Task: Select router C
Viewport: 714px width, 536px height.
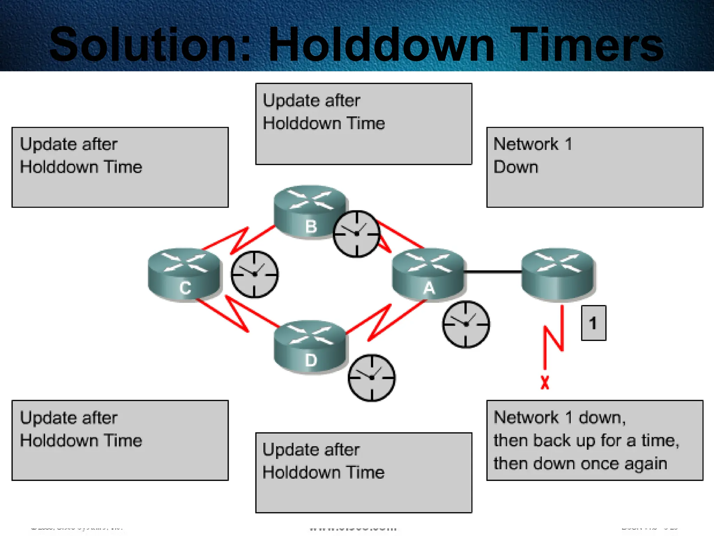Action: pyautogui.click(x=185, y=274)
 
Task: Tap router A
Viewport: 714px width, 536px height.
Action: pyautogui.click(x=428, y=274)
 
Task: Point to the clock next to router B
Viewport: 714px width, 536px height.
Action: pyautogui.click(x=356, y=234)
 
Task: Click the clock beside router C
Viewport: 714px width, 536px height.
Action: pyautogui.click(x=255, y=274)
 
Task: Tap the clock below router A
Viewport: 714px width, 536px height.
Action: pyautogui.click(x=466, y=324)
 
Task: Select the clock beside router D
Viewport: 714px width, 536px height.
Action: pyautogui.click(x=372, y=378)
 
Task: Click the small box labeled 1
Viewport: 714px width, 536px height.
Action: pyautogui.click(x=593, y=323)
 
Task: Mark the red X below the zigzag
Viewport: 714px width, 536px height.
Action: pyautogui.click(x=545, y=382)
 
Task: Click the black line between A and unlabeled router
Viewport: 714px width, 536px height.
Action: pyautogui.click(x=492, y=271)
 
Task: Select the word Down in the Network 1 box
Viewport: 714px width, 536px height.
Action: pyautogui.click(x=516, y=167)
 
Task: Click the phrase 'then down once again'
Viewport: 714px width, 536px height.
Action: pyautogui.click(x=580, y=464)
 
